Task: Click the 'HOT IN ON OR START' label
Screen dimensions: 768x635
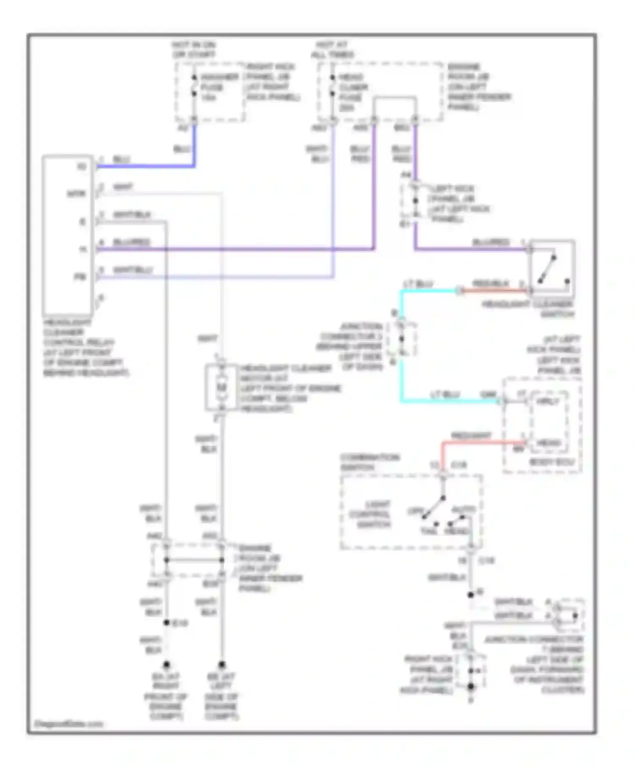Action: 193,50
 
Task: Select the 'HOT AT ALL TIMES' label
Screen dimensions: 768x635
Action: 332,50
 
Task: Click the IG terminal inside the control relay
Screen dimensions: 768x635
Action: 81,166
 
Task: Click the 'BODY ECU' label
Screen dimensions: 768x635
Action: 552,462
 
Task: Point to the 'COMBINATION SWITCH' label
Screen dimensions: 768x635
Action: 370,462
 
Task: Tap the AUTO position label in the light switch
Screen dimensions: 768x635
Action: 464,509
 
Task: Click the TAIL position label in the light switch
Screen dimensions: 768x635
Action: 428,531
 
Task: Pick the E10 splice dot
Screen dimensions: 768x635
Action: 167,623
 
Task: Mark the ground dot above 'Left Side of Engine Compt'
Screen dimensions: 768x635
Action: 221,665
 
